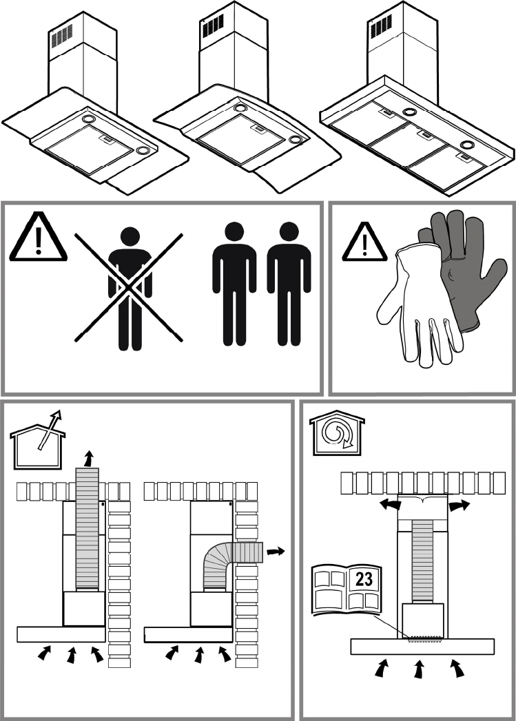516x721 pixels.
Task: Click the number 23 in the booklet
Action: click(364, 579)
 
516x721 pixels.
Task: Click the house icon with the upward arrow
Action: click(38, 433)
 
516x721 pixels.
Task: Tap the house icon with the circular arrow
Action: click(336, 435)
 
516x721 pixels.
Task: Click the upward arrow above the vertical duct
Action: click(87, 458)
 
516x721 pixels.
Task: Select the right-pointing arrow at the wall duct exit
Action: click(275, 551)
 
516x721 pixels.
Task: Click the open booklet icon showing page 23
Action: click(347, 589)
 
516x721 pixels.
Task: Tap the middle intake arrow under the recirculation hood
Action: click(418, 669)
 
